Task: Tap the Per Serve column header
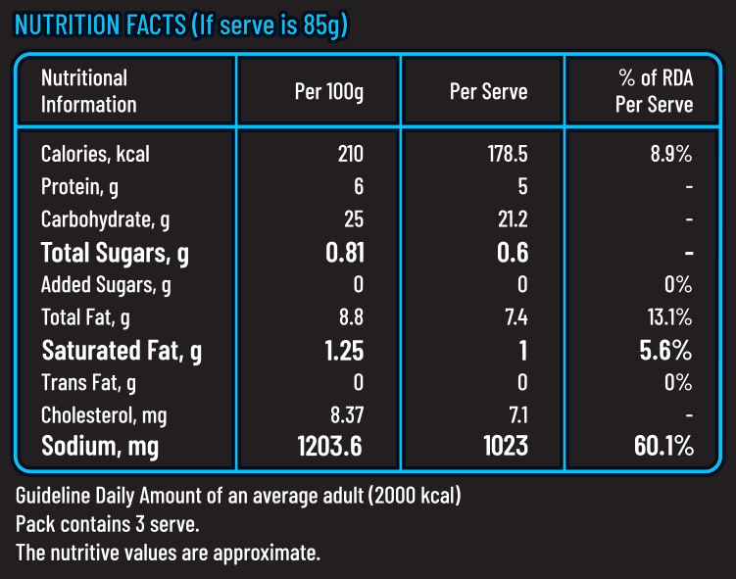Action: tap(488, 92)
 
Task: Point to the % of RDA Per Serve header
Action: tap(654, 91)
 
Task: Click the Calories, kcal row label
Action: tap(95, 154)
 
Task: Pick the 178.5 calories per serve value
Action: tap(508, 154)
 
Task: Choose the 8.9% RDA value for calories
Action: tap(671, 154)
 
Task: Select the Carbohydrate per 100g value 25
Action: tap(353, 219)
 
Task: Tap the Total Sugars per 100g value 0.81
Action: tap(344, 253)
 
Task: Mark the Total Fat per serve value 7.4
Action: tap(514, 317)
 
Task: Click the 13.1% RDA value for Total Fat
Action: tap(671, 317)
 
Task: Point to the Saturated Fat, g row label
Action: tap(122, 350)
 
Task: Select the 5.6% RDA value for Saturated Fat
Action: tap(666, 350)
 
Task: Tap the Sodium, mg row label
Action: tap(99, 448)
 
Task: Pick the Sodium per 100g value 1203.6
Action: tap(329, 448)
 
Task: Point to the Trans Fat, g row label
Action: tap(88, 383)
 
